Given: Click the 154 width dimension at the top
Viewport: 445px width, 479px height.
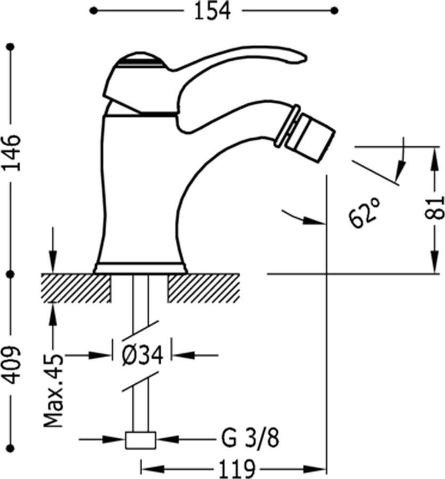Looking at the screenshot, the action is (212, 11).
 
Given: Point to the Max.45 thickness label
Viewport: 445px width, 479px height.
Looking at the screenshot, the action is (53, 391).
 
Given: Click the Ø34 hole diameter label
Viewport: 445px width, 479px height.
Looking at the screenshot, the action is (142, 356).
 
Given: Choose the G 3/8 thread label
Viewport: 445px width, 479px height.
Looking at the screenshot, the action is (250, 438).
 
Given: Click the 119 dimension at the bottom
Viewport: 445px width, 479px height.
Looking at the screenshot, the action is (237, 468).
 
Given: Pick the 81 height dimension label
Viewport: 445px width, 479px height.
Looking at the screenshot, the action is (434, 208).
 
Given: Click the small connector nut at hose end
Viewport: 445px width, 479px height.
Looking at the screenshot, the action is (141, 440).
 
